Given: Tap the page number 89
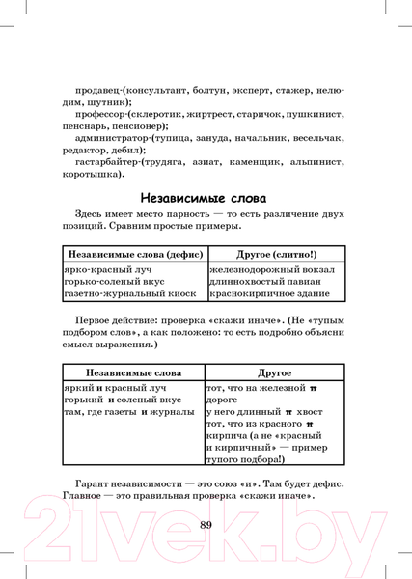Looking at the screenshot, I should [206, 525].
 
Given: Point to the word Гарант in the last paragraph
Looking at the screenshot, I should [95, 482].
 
